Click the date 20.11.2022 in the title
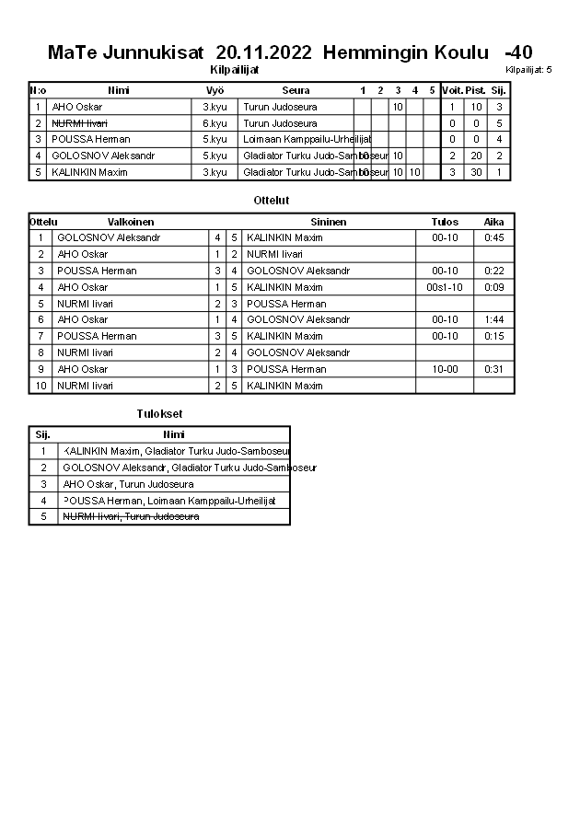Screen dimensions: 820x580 [265, 52]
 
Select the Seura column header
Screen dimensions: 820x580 [296, 90]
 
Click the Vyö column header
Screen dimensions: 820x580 [215, 90]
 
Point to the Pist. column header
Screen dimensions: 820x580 [476, 90]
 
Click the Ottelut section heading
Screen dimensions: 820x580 [272, 200]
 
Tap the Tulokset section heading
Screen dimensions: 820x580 [159, 414]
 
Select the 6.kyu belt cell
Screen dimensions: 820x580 [215, 123]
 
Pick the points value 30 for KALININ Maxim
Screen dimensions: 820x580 [476, 173]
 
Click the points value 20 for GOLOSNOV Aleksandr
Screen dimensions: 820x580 [476, 156]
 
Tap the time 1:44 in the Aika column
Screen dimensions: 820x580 [493, 320]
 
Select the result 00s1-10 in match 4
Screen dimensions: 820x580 [445, 287]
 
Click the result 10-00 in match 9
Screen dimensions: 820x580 [445, 370]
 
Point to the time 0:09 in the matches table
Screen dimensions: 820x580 [493, 287]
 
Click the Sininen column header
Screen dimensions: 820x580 [329, 222]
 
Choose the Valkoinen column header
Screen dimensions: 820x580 [131, 222]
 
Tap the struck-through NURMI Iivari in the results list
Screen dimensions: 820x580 [131, 517]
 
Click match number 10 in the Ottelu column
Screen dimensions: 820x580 [41, 387]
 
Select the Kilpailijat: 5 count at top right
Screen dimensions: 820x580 [528, 70]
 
